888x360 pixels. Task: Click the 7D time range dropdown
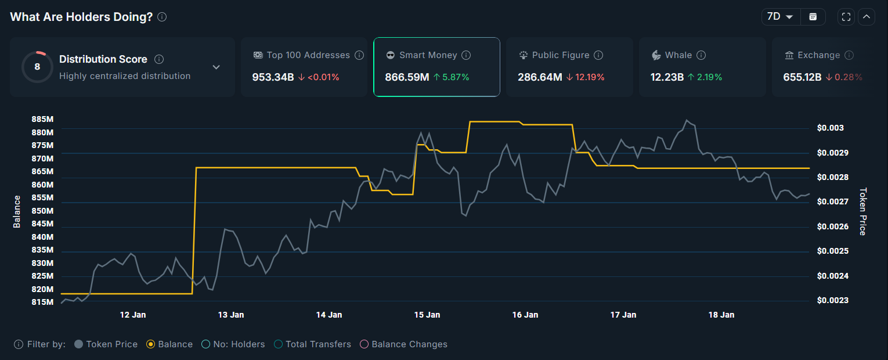tap(781, 17)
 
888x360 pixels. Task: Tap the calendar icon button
tap(813, 17)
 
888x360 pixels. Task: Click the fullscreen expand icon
tap(846, 17)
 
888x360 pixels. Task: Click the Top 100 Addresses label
tap(308, 55)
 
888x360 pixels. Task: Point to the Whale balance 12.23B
tap(667, 77)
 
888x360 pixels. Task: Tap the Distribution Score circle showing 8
tap(37, 67)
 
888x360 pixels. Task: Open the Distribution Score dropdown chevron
tap(216, 67)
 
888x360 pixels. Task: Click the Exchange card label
tap(818, 55)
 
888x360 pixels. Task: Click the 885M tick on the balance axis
tap(42, 119)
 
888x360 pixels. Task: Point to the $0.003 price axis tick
tap(830, 128)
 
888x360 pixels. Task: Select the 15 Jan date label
tap(427, 315)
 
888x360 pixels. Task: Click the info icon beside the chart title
tap(162, 17)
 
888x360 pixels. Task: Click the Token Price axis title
tap(862, 211)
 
